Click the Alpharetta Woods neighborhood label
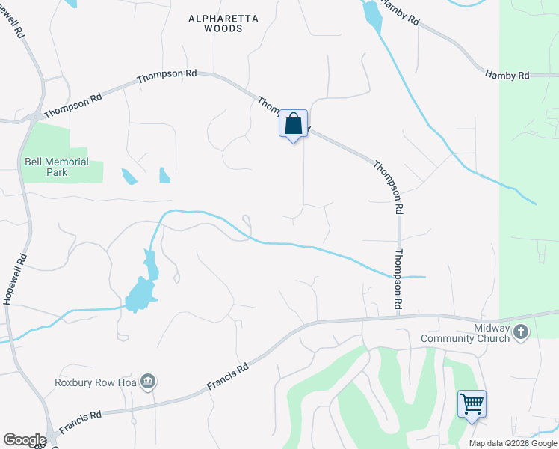point(215,23)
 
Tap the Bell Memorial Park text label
point(57,167)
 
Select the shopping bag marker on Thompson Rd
point(294,124)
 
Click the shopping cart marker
point(472,405)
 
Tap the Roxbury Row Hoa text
point(96,382)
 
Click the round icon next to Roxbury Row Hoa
point(149,382)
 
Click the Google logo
point(25,440)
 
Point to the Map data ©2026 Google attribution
point(513,443)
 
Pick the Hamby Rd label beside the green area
point(507,75)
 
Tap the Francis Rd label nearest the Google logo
point(80,421)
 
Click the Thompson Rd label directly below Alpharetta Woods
point(167,76)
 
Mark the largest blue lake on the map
point(140,293)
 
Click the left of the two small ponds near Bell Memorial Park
point(129,177)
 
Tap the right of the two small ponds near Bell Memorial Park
point(164,176)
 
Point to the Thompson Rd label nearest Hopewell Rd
point(72,106)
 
